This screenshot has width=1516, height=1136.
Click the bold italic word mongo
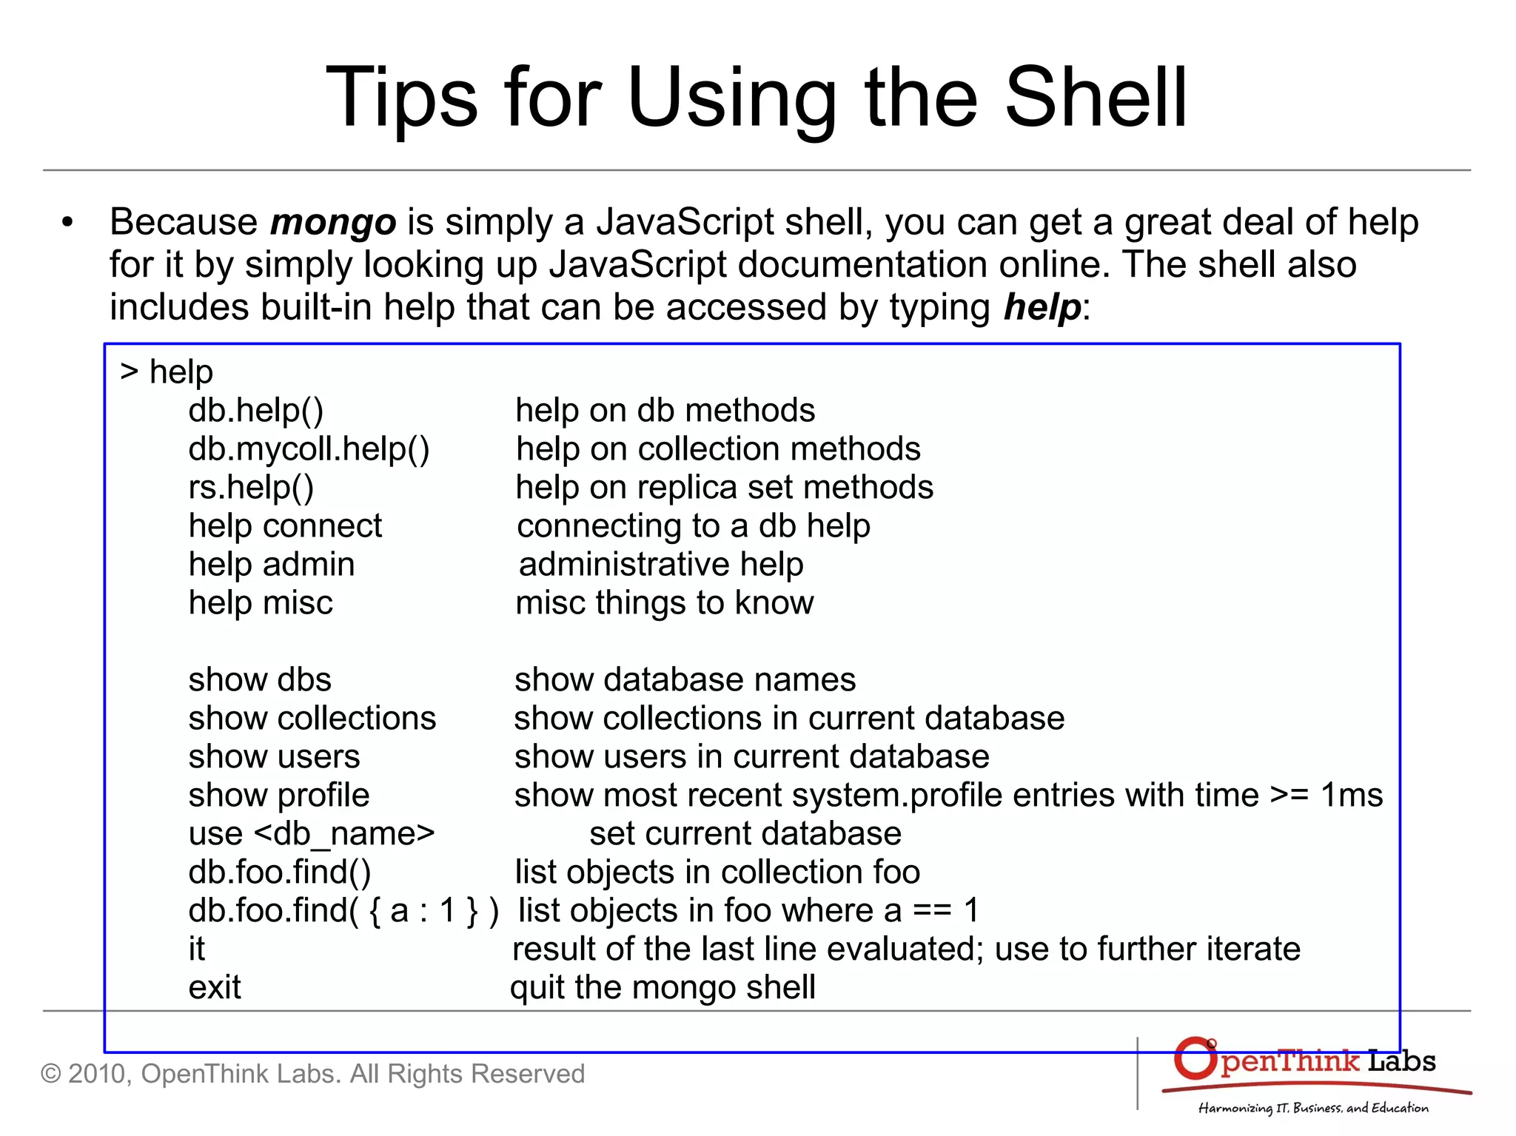point(333,223)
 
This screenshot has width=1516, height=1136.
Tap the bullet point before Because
point(68,223)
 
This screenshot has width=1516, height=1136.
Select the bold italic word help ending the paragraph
point(1042,307)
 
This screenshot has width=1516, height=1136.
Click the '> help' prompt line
point(167,372)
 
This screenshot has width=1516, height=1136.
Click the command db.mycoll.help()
point(309,449)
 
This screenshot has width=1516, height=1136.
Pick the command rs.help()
point(251,488)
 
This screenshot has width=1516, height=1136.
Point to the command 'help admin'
point(272,565)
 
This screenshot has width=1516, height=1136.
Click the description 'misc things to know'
point(664,603)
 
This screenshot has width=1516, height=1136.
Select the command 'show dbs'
point(260,680)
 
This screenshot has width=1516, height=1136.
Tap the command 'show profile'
point(278,796)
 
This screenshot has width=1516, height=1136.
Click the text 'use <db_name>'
point(312,834)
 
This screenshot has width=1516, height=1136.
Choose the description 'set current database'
point(745,834)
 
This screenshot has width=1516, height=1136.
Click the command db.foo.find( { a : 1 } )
point(343,911)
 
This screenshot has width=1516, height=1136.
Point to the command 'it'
point(196,950)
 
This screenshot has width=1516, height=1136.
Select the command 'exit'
point(215,988)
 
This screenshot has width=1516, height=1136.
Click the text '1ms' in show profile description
point(1352,796)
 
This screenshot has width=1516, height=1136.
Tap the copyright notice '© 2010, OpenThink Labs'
point(312,1074)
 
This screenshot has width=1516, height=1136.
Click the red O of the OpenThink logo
point(1195,1059)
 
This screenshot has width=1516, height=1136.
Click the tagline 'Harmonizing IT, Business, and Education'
point(1313,1108)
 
